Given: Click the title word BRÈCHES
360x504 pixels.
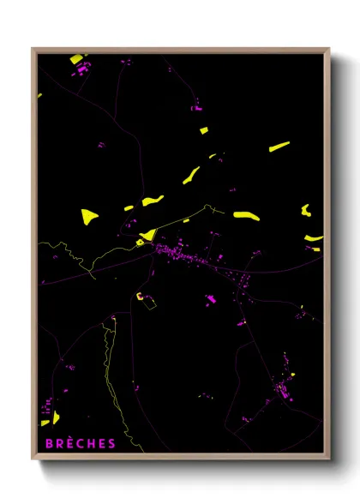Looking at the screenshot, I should pos(77,443).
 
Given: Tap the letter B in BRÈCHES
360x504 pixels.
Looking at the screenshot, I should pos(45,443).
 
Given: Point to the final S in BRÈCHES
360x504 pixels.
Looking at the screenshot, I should pos(111,443).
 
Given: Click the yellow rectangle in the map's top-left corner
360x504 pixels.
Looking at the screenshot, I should pos(77,59).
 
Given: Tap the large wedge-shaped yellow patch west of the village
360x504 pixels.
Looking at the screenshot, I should pos(89,216).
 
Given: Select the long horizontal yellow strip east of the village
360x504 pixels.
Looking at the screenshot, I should pos(246,216).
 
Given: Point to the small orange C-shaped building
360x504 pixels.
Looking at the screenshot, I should pos(138,297).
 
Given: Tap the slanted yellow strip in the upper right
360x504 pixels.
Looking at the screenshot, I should pos(279,147).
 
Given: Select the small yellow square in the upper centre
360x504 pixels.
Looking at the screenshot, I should pos(204,131).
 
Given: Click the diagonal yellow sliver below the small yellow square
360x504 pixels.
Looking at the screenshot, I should pos(191,175).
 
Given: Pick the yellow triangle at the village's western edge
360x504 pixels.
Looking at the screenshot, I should pos(147,235).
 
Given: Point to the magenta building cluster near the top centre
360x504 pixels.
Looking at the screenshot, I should pos(196,108).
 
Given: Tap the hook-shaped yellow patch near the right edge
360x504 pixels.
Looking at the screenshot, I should pos(306,209).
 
